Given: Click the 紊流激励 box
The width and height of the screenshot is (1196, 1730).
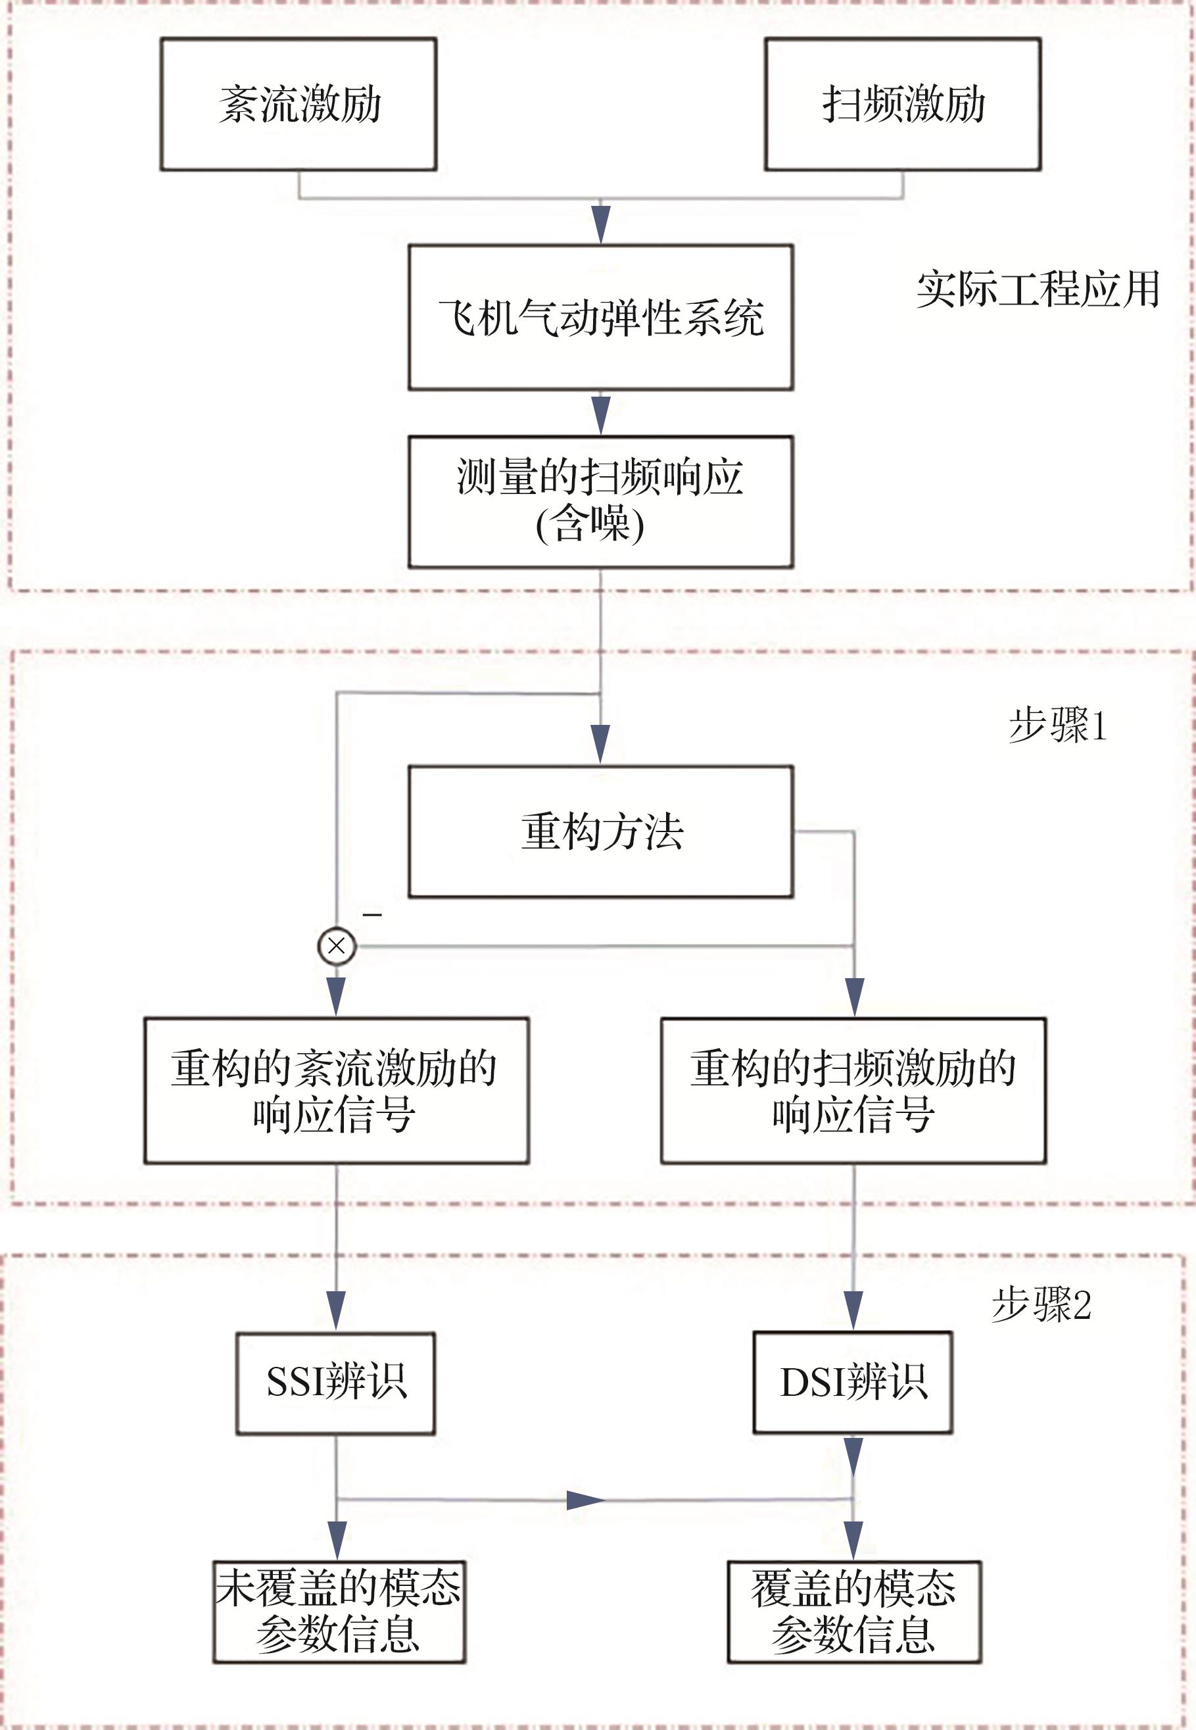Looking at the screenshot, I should (x=299, y=104).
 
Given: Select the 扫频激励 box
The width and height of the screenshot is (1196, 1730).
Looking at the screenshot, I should (x=902, y=104).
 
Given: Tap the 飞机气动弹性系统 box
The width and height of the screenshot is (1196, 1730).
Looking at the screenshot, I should (x=600, y=317).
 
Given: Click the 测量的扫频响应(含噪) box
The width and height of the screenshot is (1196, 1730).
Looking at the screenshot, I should (x=600, y=501).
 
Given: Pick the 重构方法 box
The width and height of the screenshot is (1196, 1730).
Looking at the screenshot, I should (x=600, y=831).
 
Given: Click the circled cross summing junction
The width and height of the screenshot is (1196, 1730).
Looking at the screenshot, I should (x=337, y=945).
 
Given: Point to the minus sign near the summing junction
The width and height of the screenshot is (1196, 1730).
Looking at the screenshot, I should (x=372, y=914).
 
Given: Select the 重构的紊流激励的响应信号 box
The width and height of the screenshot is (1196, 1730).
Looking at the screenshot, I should (x=337, y=1091).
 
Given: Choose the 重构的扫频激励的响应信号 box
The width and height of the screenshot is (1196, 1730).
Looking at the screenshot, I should (x=853, y=1091).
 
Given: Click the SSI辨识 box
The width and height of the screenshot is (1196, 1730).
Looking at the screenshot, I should (x=336, y=1383).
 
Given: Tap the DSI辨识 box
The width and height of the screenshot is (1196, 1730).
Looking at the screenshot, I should (x=853, y=1383).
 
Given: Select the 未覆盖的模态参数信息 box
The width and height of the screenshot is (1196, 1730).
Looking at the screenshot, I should (x=339, y=1612).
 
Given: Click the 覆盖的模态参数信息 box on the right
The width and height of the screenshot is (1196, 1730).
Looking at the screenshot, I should (x=853, y=1612).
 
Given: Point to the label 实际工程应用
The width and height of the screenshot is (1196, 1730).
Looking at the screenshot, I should (x=1038, y=289).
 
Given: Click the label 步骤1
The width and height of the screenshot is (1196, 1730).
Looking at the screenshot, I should (x=1057, y=726).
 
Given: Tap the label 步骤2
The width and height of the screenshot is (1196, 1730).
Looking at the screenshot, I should (x=1041, y=1305).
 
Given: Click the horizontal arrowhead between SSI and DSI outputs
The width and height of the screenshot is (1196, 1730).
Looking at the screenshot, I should (x=585, y=1500).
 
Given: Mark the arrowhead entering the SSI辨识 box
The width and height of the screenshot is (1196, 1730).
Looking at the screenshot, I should (x=337, y=1310).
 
